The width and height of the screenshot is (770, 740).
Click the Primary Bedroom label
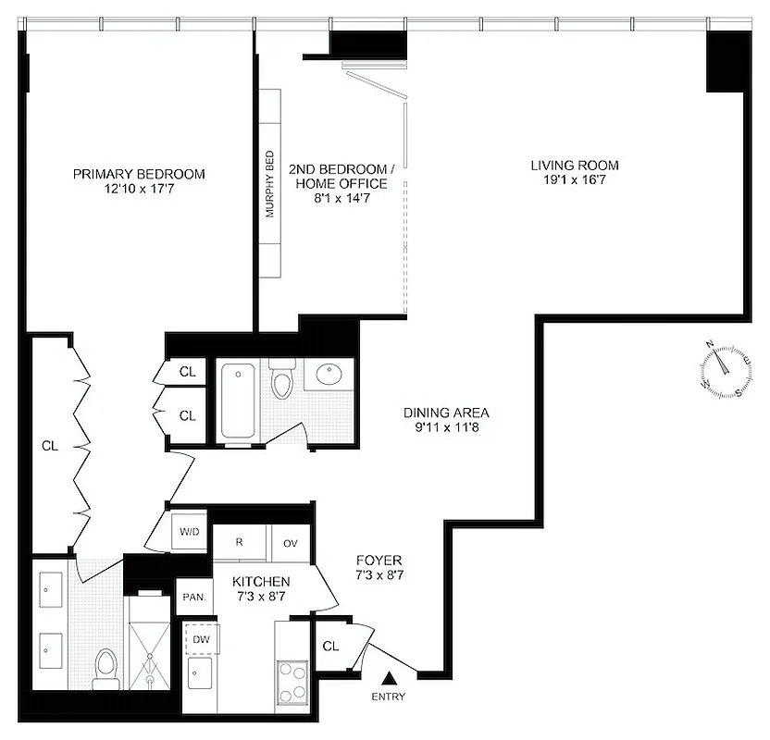pos(139,174)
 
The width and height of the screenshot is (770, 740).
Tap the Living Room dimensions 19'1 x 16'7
pos(574,182)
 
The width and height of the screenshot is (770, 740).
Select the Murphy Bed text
pos(270,184)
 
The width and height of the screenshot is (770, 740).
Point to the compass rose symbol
pos(725,368)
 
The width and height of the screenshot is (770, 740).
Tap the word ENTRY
pos(389,697)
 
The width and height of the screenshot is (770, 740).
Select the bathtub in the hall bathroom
pos(240,401)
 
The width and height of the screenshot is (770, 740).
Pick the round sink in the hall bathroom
pos(329,375)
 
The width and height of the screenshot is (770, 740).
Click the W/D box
pos(190,533)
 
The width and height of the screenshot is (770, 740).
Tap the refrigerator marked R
pos(239,542)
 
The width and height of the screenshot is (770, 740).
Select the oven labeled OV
pos(290,543)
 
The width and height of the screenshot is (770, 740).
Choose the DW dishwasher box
pos(201,639)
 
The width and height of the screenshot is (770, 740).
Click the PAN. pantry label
pos(193,597)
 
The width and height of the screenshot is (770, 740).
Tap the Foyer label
pos(379,561)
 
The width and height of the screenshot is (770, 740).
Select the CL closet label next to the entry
pos(330,646)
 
